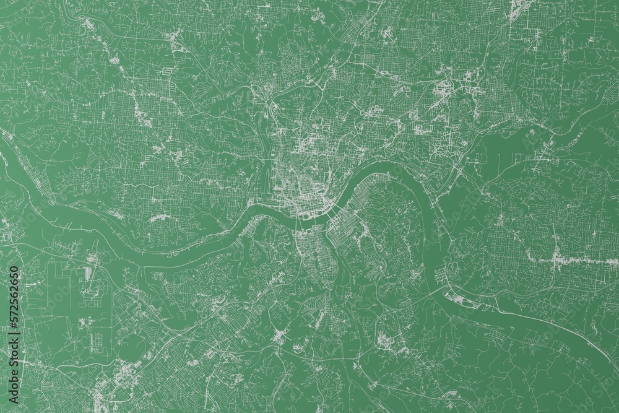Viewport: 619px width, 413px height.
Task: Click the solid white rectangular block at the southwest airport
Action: pos(87,272)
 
